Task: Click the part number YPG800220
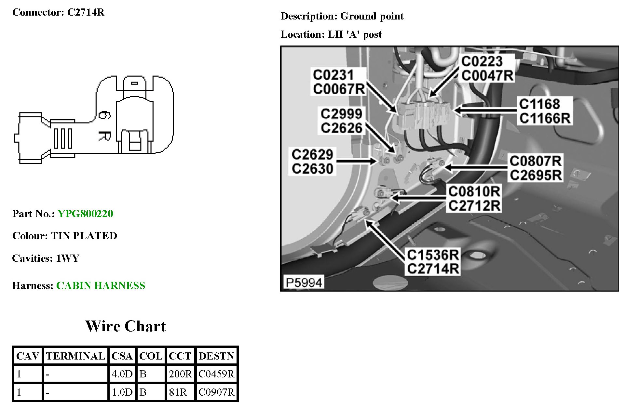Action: [x=85, y=214]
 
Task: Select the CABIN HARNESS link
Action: [x=101, y=285]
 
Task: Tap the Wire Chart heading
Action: [x=125, y=326]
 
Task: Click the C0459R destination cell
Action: [x=216, y=374]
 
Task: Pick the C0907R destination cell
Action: [x=216, y=392]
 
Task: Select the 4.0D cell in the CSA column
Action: [x=122, y=374]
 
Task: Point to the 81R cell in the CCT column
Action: [x=178, y=392]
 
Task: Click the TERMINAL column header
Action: [x=75, y=356]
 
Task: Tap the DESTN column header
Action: [x=216, y=356]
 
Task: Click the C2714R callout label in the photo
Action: [x=433, y=269]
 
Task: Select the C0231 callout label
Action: [x=333, y=75]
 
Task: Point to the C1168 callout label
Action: [x=539, y=104]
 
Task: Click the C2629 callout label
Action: [x=312, y=154]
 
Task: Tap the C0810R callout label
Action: [x=474, y=191]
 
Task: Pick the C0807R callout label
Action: [x=536, y=161]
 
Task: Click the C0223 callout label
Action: [x=482, y=61]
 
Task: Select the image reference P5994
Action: [x=304, y=282]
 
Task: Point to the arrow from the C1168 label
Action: [x=485, y=111]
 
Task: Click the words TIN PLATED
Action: [x=84, y=236]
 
